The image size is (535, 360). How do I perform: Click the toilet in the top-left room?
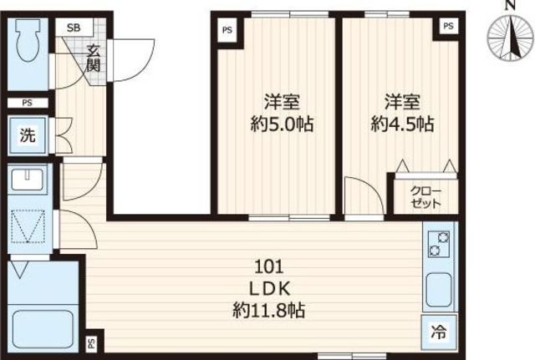click(28, 39)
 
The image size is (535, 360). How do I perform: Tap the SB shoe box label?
click(74, 28)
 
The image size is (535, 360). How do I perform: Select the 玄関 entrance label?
click(93, 58)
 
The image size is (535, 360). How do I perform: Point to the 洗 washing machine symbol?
click(28, 135)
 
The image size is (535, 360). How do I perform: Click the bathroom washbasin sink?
click(28, 180)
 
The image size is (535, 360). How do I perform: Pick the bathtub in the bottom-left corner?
click(43, 329)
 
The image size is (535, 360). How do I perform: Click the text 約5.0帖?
click(283, 124)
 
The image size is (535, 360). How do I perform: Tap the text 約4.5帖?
click(402, 124)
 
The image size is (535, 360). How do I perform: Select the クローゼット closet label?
click(425, 197)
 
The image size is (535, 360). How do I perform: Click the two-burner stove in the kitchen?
click(439, 244)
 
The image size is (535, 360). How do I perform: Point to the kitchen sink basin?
click(439, 290)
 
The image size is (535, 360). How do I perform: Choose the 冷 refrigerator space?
click(439, 332)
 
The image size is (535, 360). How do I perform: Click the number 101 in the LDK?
click(269, 267)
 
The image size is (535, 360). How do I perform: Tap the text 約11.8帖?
click(269, 311)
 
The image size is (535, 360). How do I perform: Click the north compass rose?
click(510, 37)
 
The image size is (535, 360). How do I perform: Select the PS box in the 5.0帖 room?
click(227, 30)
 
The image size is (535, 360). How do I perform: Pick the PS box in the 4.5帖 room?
click(449, 26)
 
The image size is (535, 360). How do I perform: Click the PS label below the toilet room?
click(28, 103)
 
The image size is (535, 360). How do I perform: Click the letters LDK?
click(270, 289)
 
